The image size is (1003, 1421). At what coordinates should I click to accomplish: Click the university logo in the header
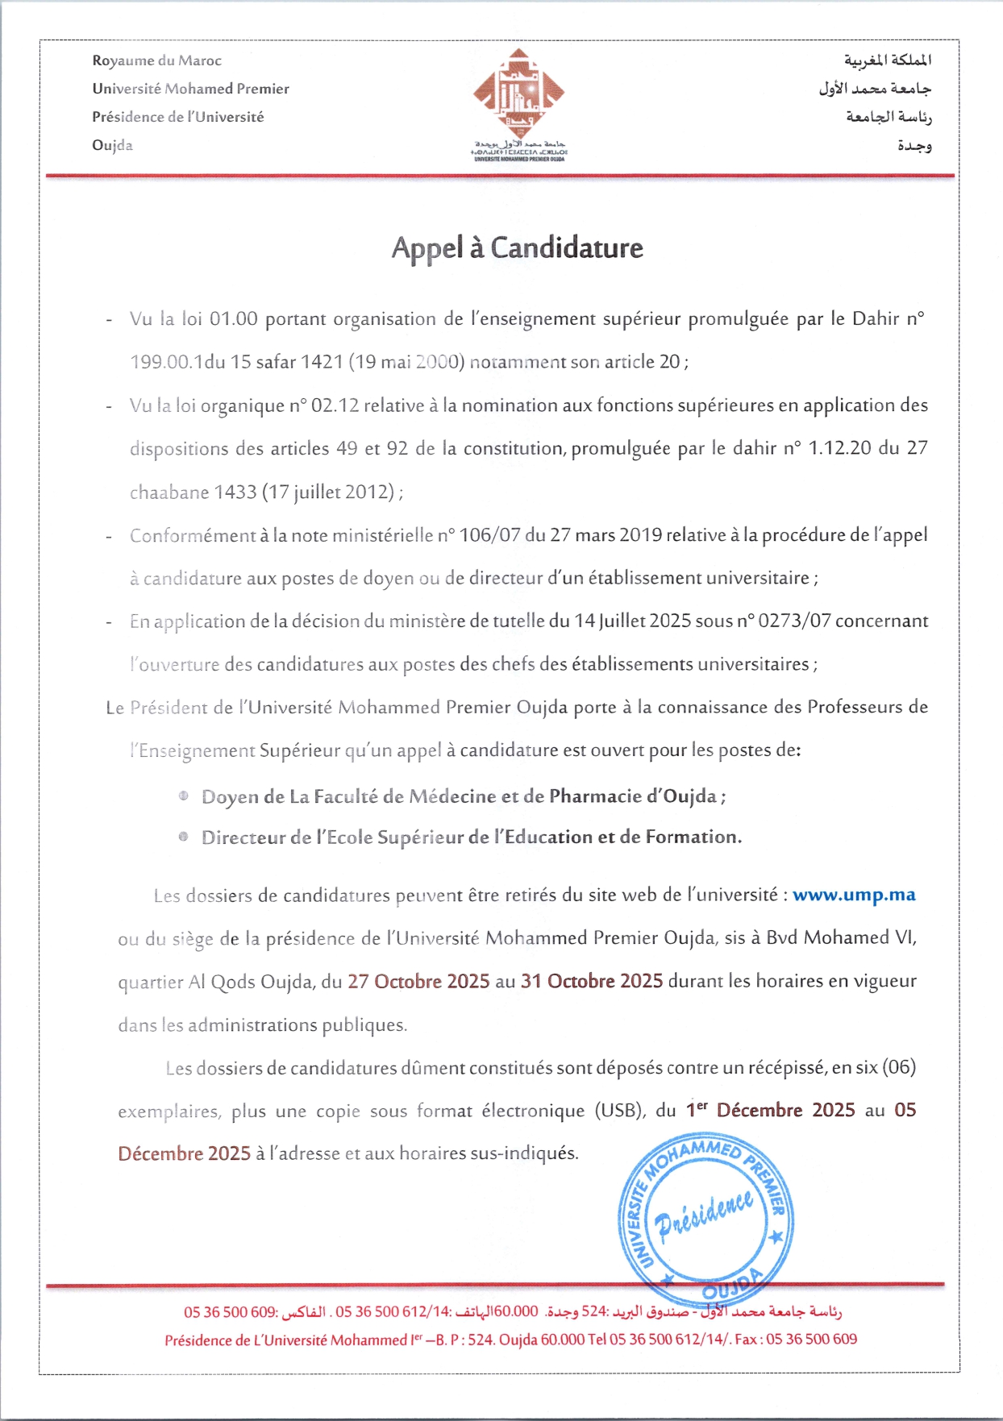518,103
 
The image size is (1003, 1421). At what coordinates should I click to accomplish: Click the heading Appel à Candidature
517,248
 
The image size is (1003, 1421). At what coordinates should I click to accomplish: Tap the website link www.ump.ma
854,895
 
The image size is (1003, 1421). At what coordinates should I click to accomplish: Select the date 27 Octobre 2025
418,982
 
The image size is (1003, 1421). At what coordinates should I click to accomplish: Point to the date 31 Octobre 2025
592,982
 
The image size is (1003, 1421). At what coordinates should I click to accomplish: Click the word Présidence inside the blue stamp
705,1213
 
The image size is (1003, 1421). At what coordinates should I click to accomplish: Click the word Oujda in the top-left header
112,145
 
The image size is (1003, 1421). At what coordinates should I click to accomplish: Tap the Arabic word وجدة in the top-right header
914,146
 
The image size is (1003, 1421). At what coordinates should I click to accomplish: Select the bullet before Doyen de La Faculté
184,796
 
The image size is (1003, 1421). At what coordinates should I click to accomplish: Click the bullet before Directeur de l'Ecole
184,837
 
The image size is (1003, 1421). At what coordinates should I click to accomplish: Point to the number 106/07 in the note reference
489,535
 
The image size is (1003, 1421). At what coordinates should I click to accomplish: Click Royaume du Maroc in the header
156,60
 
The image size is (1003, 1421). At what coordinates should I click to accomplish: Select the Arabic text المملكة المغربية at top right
888,60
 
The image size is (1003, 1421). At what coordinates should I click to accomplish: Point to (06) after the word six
899,1068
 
